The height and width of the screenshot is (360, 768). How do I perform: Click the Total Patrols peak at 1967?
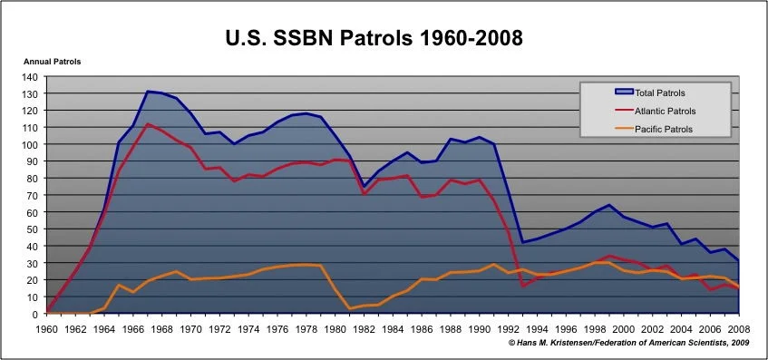click(x=148, y=92)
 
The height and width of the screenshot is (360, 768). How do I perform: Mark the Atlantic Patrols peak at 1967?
click(x=148, y=124)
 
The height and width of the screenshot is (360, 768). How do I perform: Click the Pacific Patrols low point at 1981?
click(x=350, y=309)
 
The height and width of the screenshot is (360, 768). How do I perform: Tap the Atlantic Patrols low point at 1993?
click(x=523, y=286)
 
